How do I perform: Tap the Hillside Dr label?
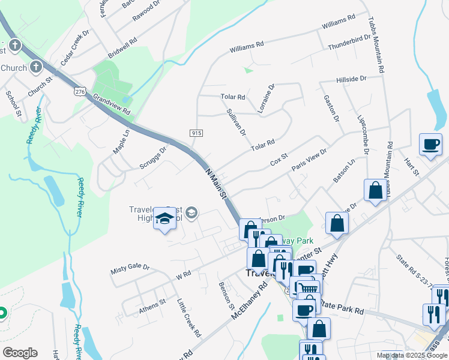click(x=351, y=79)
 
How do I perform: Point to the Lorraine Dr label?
click(x=266, y=98)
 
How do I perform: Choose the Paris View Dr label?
click(x=309, y=160)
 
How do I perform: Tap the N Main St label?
click(x=217, y=183)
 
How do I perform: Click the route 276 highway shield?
click(x=79, y=91)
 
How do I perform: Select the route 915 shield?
click(x=195, y=133)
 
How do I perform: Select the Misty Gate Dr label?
click(x=130, y=267)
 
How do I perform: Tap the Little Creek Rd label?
click(x=188, y=317)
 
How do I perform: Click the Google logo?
click(x=20, y=353)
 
